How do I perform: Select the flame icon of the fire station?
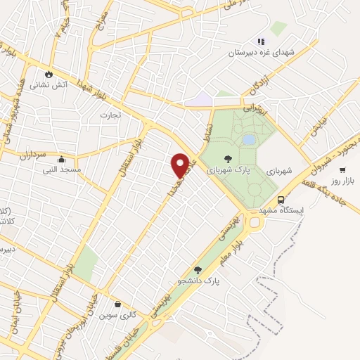[x=48, y=73]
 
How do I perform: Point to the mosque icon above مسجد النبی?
[x=63, y=158]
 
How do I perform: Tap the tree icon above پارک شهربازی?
[x=226, y=159]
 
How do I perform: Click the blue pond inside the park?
[x=248, y=140]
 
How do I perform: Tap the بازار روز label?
[x=345, y=181]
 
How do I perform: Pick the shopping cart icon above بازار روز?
[x=342, y=169]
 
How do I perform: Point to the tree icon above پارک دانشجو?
[x=198, y=269]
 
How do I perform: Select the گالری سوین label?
[x=117, y=315]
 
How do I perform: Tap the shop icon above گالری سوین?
[x=117, y=304]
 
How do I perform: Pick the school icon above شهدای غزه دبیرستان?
[x=261, y=41]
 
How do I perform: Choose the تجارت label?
[x=110, y=114]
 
